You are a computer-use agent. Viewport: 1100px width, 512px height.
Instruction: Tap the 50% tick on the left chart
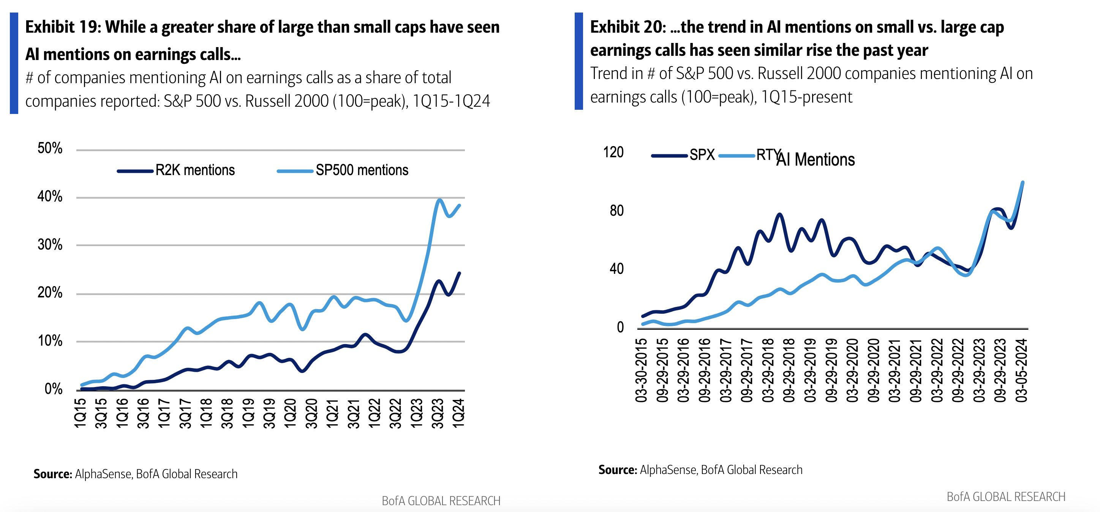coord(50,148)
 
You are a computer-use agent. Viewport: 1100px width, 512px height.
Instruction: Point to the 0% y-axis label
coord(54,389)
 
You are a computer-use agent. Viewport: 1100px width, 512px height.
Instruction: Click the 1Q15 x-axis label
coord(80,413)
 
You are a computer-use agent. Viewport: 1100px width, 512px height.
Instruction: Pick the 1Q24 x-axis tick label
coord(458,413)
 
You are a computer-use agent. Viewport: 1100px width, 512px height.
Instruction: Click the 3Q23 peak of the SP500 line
coord(439,199)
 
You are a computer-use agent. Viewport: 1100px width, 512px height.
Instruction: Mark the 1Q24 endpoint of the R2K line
coord(460,273)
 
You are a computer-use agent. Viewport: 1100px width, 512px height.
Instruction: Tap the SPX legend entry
coord(683,155)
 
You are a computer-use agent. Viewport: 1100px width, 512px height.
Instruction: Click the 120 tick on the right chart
coord(613,152)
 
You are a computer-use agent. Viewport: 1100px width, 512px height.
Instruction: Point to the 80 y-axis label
coord(616,210)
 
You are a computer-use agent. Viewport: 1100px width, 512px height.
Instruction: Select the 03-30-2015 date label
coord(641,370)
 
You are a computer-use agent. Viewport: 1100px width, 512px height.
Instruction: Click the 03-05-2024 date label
coord(1021,370)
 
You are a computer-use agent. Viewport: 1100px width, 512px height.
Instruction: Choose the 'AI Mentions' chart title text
coord(816,160)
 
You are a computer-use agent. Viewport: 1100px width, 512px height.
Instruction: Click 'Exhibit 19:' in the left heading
coord(63,27)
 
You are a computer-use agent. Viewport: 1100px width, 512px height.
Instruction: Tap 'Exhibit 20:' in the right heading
coord(628,27)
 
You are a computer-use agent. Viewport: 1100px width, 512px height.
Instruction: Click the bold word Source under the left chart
coord(53,474)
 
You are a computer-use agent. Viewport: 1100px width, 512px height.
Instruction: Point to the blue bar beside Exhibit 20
coord(578,61)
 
